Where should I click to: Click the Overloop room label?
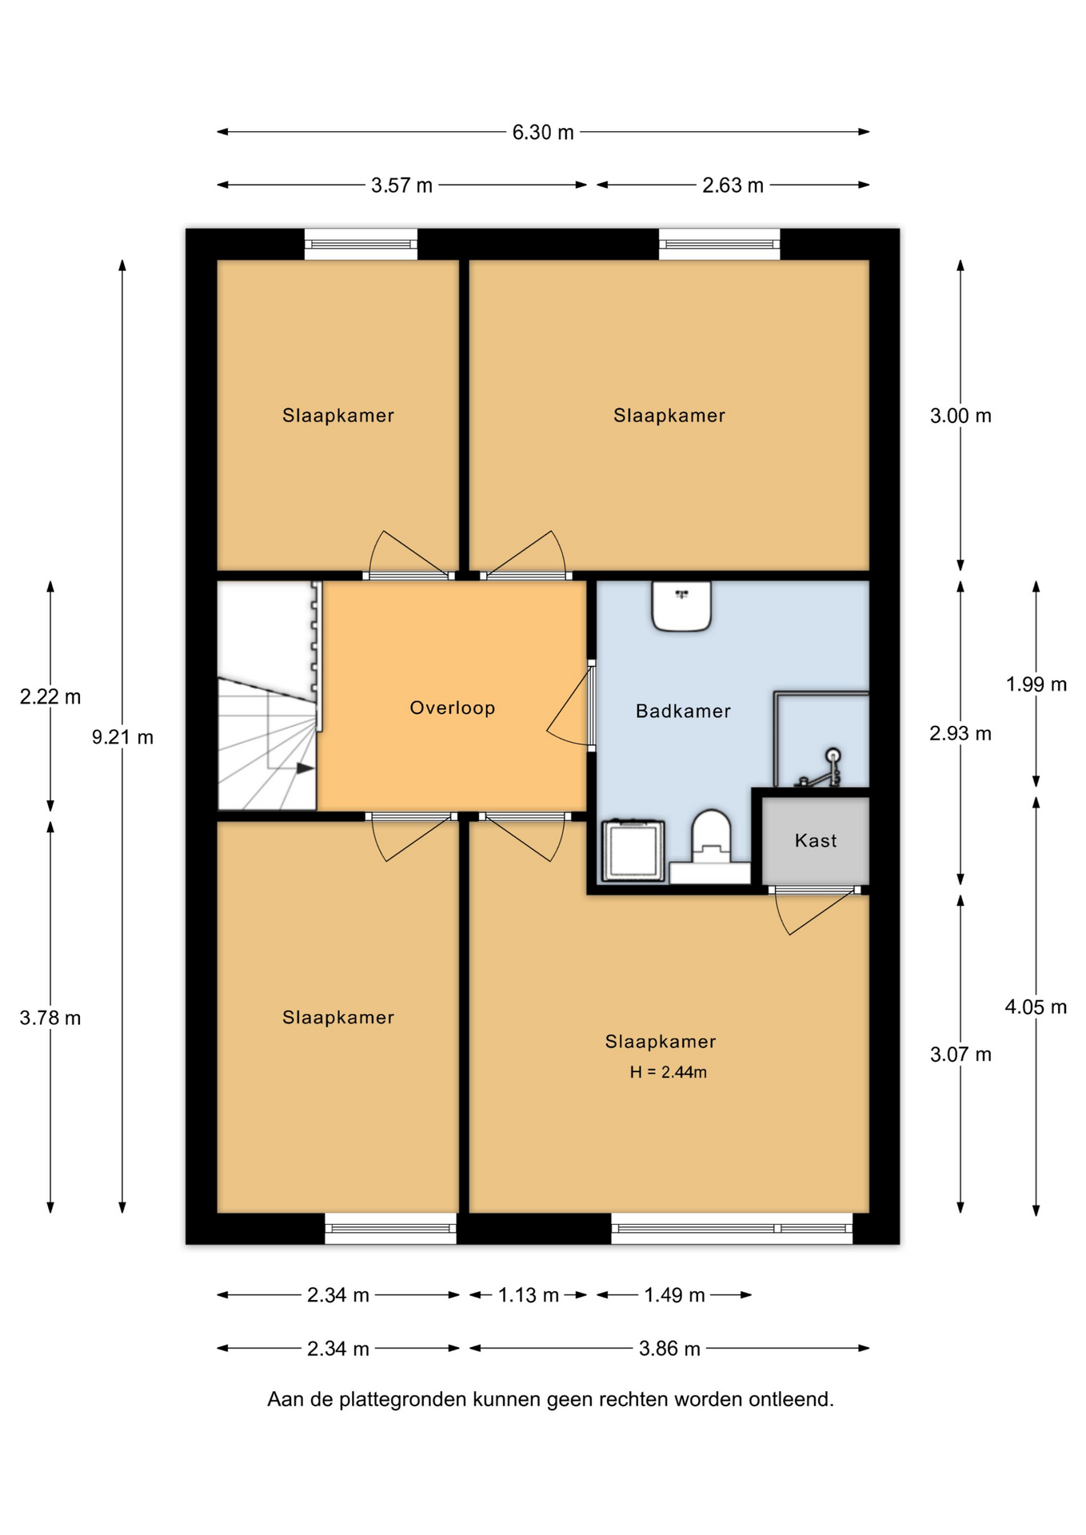[x=452, y=708]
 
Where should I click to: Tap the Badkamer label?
[x=683, y=711]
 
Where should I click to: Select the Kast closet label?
[x=816, y=840]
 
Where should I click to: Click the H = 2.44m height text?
[x=668, y=1072]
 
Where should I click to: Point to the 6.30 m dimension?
[x=543, y=132]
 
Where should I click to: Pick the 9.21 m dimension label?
[x=122, y=737]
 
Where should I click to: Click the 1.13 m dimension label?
[x=528, y=1295]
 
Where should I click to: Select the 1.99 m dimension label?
[x=1036, y=684]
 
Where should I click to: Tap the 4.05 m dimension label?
[x=1036, y=1007]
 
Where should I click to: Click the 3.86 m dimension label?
[x=669, y=1349]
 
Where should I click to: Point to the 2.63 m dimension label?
[x=733, y=185]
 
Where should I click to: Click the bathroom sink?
[x=681, y=606]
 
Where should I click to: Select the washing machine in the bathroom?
[x=633, y=851]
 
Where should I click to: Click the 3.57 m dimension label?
[x=401, y=185]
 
